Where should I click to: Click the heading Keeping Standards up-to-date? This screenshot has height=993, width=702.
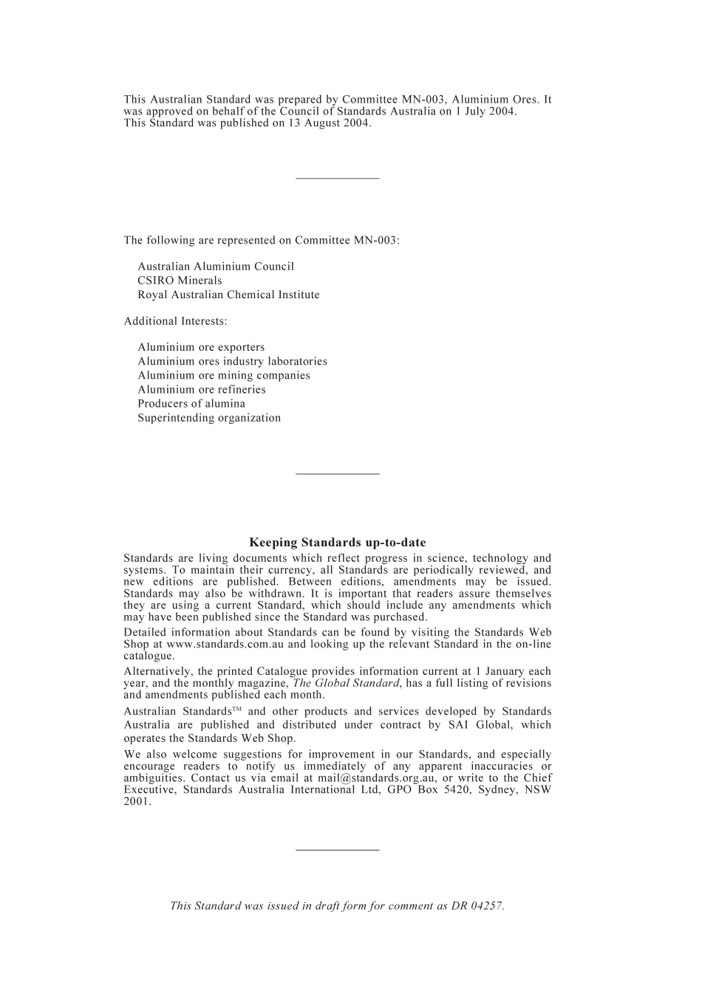[x=337, y=543]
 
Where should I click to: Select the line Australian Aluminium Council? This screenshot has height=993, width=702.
[x=215, y=267]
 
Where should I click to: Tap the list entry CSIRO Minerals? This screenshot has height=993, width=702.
[x=180, y=281]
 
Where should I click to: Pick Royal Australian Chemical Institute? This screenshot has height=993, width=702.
[x=228, y=295]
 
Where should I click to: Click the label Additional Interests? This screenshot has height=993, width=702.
[x=175, y=321]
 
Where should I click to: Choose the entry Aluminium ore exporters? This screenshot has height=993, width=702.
[x=200, y=347]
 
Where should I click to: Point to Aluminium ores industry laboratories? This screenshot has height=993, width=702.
[x=232, y=361]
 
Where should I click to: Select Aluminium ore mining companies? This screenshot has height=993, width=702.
[x=223, y=375]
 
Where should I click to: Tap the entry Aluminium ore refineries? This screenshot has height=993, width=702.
[x=201, y=389]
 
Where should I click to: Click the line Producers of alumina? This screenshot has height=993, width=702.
[x=191, y=403]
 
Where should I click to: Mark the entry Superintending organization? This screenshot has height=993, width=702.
[x=208, y=418]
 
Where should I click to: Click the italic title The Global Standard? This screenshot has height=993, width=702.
[x=346, y=683]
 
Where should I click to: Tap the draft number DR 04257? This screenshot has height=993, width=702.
[x=477, y=906]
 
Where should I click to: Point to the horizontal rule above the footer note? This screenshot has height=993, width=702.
[x=337, y=850]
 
